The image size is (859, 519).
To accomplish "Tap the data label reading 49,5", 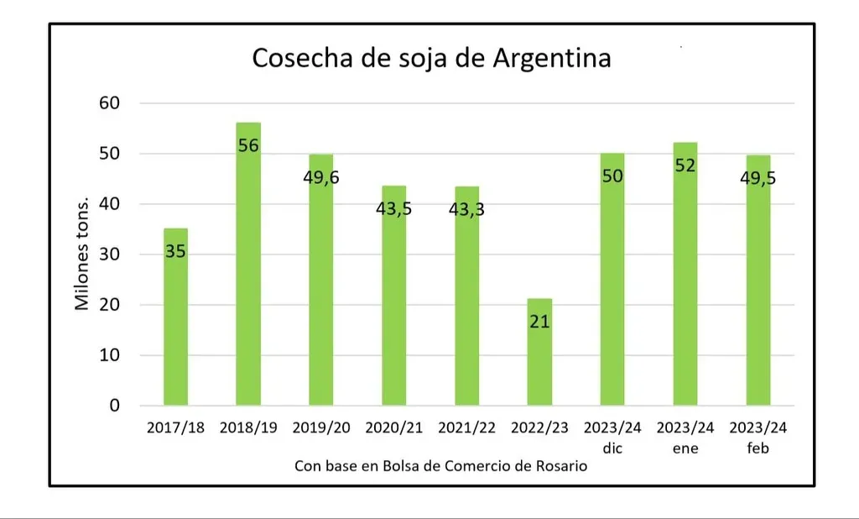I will click(x=757, y=177).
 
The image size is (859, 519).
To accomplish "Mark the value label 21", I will click(x=540, y=321).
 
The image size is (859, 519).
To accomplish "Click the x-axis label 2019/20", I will click(x=321, y=428).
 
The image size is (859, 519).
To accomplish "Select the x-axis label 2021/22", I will click(x=467, y=428).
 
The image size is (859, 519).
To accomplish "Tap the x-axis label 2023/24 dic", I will click(x=612, y=438).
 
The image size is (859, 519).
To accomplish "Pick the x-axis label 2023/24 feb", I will click(x=758, y=438).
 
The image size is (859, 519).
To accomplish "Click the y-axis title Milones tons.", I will click(x=82, y=254).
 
